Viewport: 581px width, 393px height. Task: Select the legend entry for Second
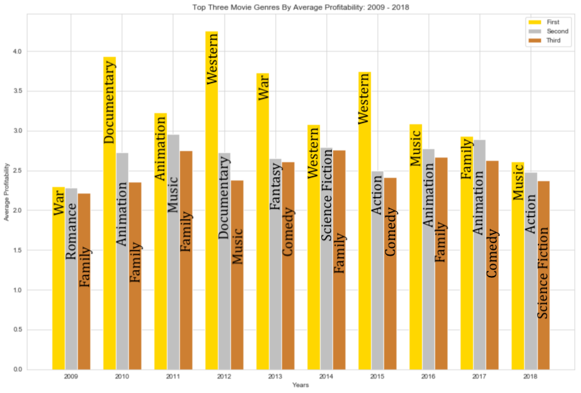[557, 31]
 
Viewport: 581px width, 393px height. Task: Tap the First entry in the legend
[553, 22]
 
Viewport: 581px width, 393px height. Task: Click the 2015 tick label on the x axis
[378, 377]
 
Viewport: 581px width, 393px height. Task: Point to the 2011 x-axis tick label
[173, 377]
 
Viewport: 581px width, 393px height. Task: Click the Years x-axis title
[301, 386]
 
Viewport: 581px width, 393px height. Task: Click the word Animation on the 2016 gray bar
[429, 196]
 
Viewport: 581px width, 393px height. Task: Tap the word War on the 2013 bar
[263, 89]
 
